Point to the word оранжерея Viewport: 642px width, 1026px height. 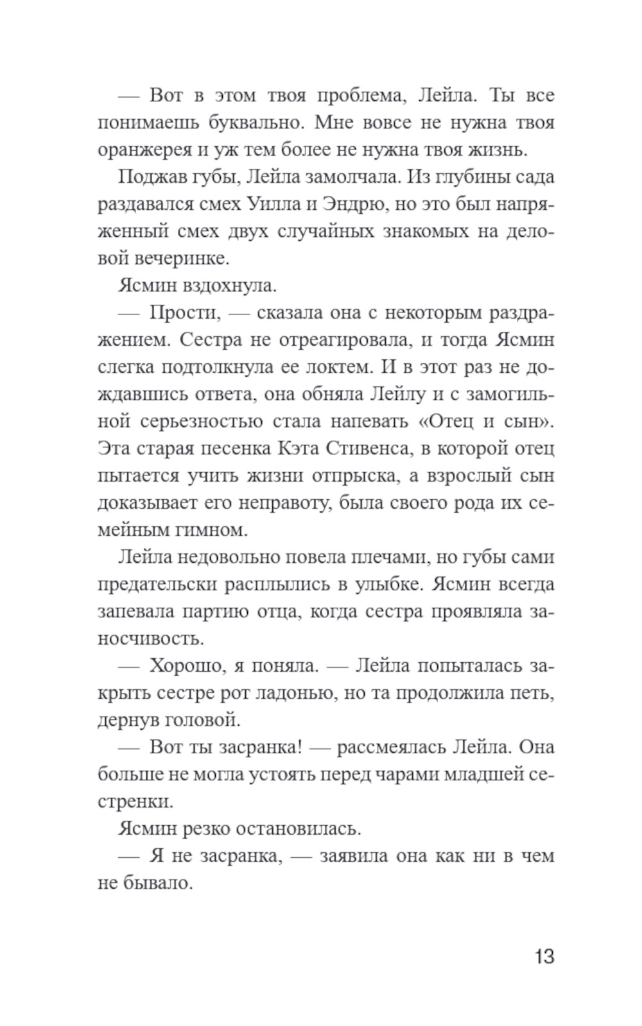tap(135, 150)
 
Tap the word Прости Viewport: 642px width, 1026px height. tap(185, 312)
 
